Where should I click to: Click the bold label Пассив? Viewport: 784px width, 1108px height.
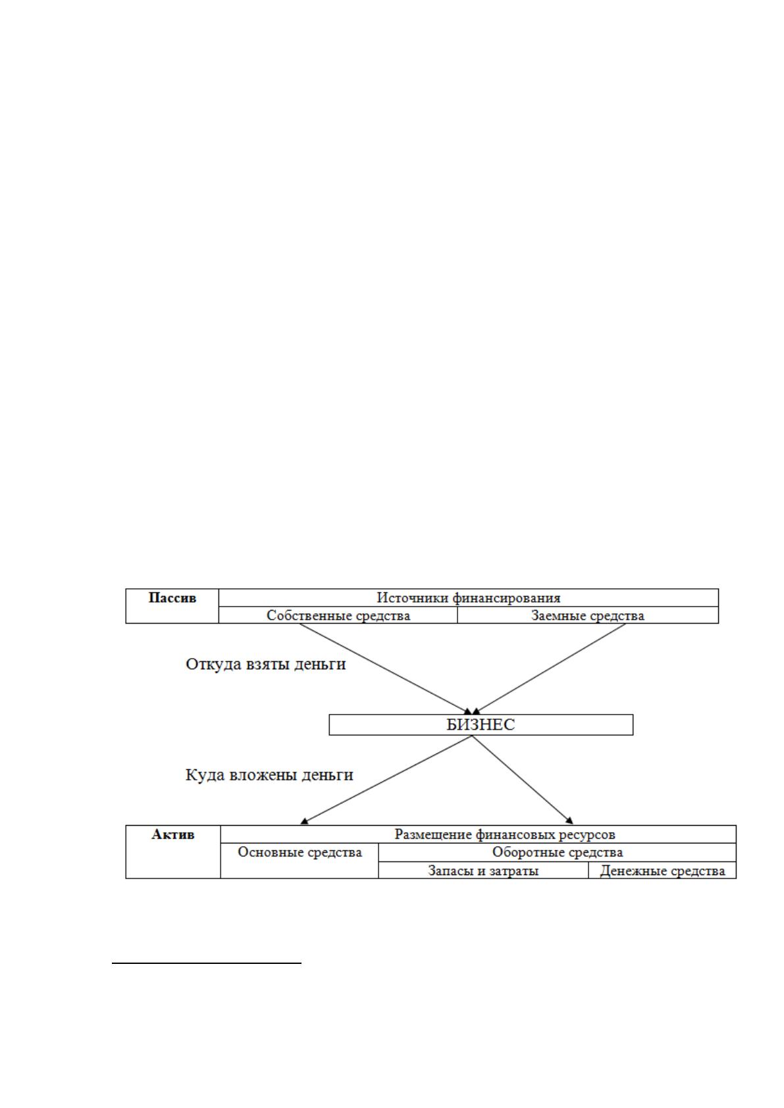172,598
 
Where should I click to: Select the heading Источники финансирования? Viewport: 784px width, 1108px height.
468,598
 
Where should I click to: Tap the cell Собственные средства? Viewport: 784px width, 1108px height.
338,615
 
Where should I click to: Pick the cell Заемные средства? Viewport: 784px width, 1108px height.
587,615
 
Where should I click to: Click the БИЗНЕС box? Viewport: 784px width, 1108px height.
481,724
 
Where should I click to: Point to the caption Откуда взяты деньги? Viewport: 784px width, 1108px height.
265,665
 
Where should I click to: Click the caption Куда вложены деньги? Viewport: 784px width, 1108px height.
269,774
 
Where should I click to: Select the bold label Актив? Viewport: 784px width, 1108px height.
172,835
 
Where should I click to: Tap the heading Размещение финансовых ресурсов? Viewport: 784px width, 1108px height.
505,834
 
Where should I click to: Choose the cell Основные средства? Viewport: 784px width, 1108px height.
300,852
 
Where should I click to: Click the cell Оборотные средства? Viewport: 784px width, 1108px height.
558,852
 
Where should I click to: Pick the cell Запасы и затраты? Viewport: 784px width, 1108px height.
483,870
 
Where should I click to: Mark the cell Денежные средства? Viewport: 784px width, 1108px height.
662,870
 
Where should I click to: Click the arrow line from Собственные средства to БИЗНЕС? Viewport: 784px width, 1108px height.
386,668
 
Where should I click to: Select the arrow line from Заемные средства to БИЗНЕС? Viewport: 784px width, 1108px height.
550,668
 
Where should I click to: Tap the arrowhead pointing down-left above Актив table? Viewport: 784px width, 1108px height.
304,822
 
